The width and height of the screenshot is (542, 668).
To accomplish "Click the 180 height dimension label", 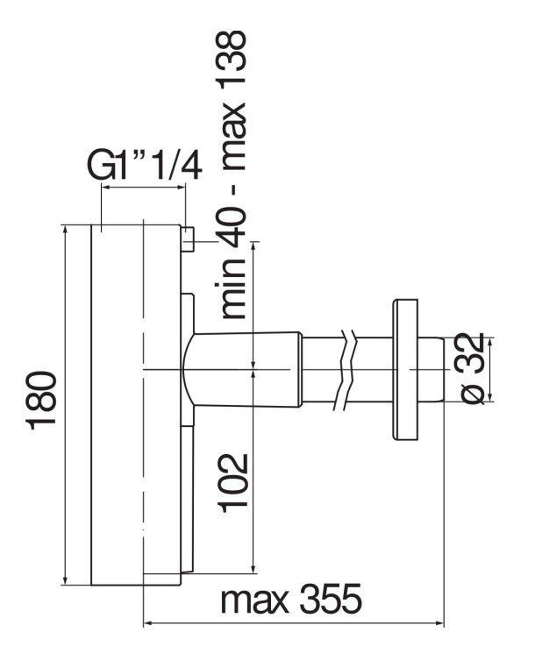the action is [x=42, y=401].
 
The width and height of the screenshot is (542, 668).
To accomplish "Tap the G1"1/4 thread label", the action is [x=145, y=165].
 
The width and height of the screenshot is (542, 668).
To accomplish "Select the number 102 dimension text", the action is [x=233, y=482].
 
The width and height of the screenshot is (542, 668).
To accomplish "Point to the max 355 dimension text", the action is [x=291, y=599].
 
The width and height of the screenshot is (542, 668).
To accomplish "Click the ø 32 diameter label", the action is [x=473, y=368].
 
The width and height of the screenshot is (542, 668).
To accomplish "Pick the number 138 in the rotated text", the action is [x=232, y=59].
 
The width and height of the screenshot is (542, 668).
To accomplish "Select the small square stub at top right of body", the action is [x=188, y=239].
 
